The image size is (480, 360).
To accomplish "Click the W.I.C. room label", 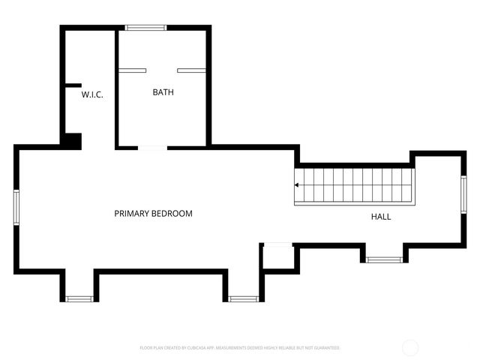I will click(x=92, y=94).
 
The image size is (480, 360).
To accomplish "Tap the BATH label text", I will click(x=163, y=92).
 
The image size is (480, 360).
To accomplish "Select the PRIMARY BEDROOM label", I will click(x=153, y=214).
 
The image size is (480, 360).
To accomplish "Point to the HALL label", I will click(x=381, y=217).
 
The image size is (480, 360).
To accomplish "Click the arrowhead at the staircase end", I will click(x=297, y=184).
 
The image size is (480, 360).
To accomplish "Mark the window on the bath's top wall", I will click(x=145, y=28).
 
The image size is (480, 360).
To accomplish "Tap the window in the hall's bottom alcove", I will click(x=385, y=259).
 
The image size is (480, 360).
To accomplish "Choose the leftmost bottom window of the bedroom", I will click(x=78, y=298).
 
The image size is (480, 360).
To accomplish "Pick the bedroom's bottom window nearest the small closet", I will click(x=243, y=298).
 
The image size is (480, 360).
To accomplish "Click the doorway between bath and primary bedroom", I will click(x=152, y=148).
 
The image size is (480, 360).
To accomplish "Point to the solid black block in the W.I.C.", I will click(x=73, y=140).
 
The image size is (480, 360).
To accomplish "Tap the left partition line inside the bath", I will click(x=132, y=70).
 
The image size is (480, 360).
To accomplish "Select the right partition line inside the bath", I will click(x=191, y=70).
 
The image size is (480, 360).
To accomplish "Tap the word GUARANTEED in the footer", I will click(x=325, y=348).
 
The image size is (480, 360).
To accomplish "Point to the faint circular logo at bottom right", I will click(x=410, y=347).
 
